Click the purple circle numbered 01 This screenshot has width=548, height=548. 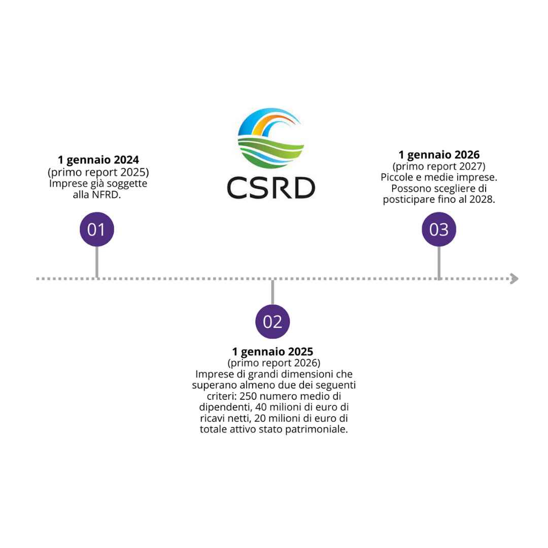96,229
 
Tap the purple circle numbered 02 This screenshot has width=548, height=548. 272,322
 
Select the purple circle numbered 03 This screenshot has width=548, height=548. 439,229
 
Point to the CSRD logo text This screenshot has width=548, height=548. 271,188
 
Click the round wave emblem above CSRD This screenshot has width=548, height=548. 271,138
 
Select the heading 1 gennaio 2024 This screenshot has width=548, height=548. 98,160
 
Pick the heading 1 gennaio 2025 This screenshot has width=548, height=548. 272,352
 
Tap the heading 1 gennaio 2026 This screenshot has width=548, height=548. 439,155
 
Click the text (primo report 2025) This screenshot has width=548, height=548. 98,172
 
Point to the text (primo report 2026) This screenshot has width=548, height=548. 273,363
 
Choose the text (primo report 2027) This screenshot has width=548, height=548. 439,166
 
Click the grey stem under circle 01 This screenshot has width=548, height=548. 96,262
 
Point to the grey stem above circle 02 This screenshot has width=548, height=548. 272,292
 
